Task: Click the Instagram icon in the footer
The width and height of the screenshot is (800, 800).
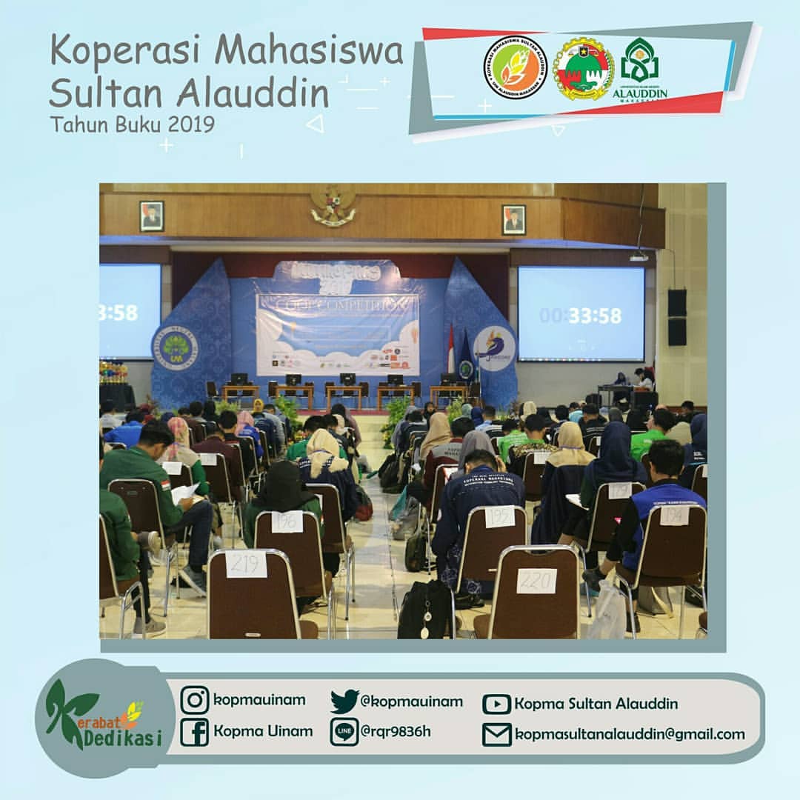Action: pos(194,700)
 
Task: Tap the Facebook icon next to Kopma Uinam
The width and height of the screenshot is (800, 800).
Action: pos(194,732)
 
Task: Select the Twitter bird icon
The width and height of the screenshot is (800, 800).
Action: pos(344,701)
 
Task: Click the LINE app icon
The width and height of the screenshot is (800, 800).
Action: pos(344,732)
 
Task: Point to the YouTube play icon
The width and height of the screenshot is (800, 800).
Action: pos(496,704)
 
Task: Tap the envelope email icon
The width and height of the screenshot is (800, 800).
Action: pos(496,734)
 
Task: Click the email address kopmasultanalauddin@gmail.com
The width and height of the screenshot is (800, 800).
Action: pos(630,734)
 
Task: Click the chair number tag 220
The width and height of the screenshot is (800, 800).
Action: pos(536,580)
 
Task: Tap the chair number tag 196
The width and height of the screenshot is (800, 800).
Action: pos(287,521)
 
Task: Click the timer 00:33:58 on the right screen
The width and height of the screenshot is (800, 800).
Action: pos(581,316)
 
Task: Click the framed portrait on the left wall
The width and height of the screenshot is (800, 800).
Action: pos(152,216)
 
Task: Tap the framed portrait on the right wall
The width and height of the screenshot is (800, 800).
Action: pos(513,220)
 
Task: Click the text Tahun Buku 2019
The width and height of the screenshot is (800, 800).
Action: pos(133,124)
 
